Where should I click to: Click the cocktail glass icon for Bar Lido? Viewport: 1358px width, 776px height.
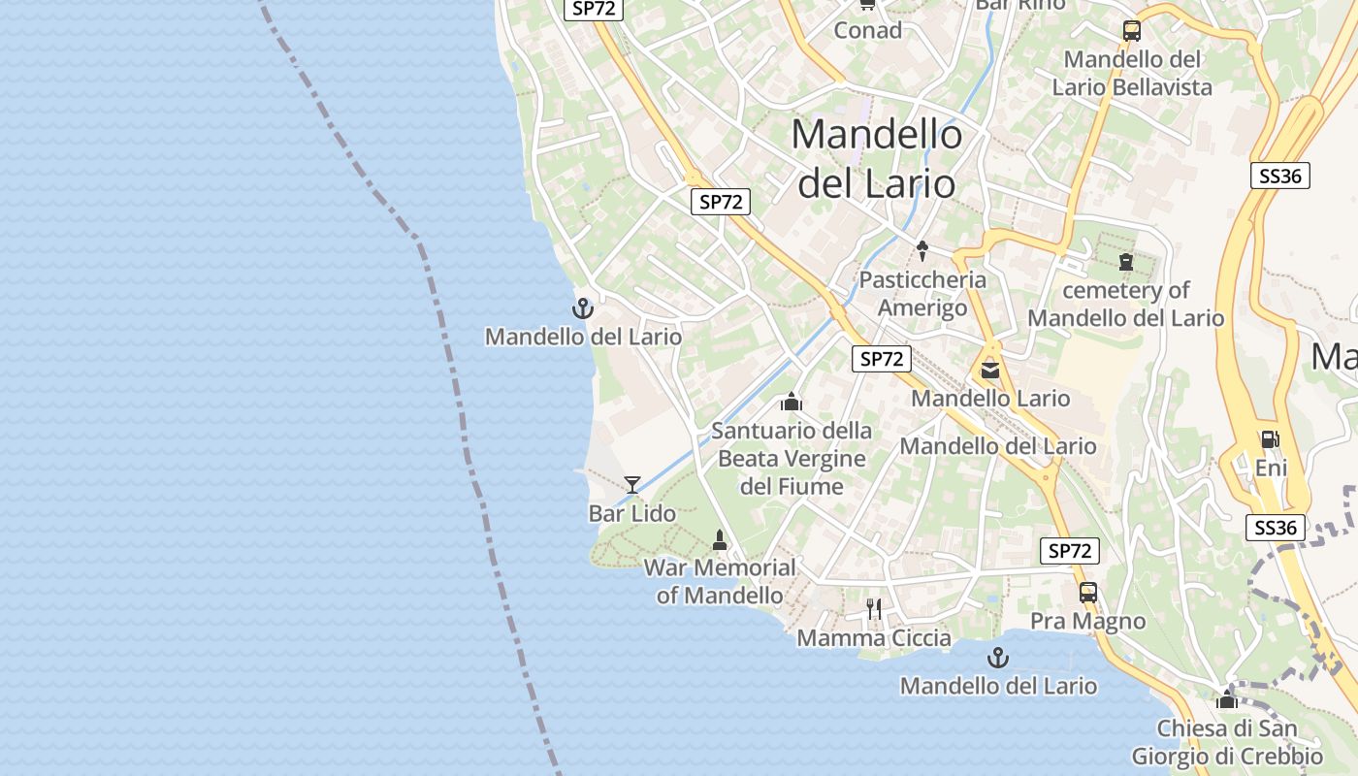[632, 484]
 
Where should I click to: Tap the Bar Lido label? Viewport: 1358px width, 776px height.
[632, 513]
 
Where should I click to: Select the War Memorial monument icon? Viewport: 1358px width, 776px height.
[720, 539]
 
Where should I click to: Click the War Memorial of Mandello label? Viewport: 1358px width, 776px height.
[720, 581]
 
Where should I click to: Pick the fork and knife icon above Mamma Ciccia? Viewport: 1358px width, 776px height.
[875, 609]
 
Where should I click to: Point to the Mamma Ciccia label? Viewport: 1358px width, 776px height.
[874, 637]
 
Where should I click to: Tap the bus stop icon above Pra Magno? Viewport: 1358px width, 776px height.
[1088, 593]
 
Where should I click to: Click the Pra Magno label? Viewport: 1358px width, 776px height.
[1087, 621]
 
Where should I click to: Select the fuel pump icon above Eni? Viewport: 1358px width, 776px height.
[1270, 439]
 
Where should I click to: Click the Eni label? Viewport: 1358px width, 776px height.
[1271, 469]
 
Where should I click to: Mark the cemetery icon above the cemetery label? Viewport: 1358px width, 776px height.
[1126, 262]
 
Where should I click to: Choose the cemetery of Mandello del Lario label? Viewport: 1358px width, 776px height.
[1126, 304]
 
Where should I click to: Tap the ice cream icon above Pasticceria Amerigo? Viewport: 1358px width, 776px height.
[922, 251]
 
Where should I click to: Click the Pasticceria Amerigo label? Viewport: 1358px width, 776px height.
[922, 294]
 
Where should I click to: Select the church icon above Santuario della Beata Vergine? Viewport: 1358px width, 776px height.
[792, 402]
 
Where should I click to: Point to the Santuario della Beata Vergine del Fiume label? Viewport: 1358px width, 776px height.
[792, 458]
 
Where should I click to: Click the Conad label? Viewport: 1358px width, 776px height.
[868, 30]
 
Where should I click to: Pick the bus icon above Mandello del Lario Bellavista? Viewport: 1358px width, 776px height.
[1132, 30]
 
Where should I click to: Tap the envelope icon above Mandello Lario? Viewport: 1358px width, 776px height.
[990, 370]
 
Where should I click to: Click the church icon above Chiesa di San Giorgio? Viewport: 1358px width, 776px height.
[1227, 699]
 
